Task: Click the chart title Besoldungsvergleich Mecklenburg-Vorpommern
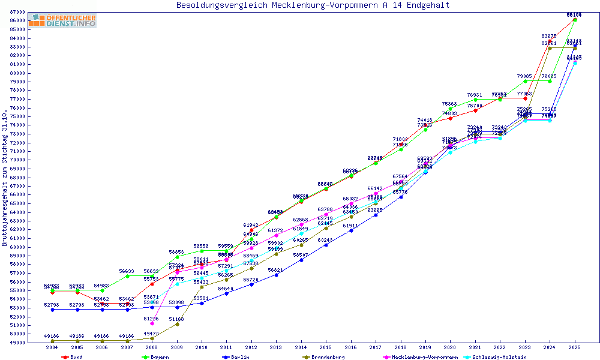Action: point(313,5)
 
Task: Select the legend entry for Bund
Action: point(72,357)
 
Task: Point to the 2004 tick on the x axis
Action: point(52,347)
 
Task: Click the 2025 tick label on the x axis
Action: point(575,347)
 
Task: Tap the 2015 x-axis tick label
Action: point(326,347)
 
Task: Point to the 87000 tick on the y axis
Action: point(17,12)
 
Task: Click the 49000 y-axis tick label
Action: point(17,343)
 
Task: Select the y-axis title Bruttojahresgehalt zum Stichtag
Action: point(5,179)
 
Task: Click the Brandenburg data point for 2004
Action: point(52,341)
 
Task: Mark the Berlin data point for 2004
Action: point(52,310)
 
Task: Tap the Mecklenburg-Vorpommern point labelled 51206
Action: point(152,323)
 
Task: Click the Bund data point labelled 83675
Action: point(550,41)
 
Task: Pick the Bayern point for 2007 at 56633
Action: point(127,276)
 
